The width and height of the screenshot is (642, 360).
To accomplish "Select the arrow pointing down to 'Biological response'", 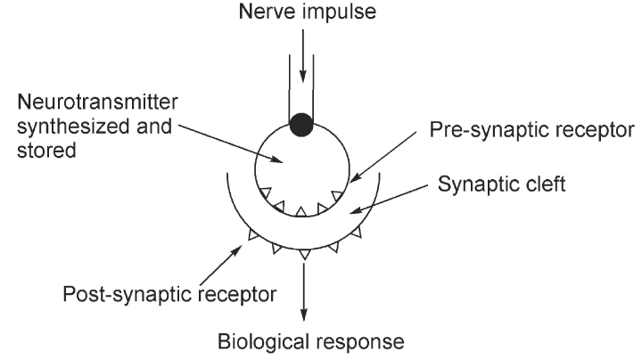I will tap(305, 290).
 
